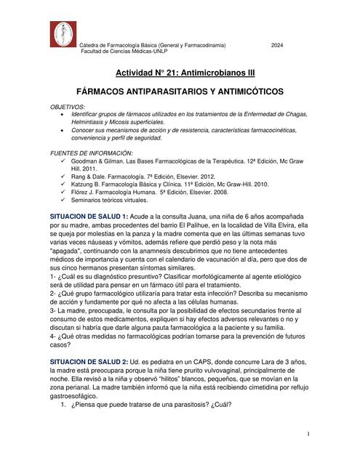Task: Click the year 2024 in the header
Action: tap(277, 46)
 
